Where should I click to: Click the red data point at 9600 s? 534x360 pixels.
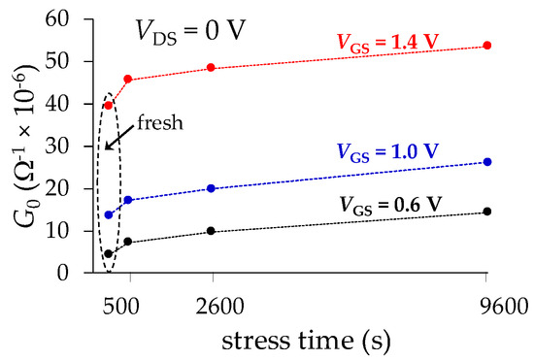(x=486, y=46)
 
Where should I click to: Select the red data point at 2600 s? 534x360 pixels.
(x=211, y=68)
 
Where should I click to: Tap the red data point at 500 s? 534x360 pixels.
(x=128, y=79)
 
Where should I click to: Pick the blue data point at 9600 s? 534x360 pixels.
(x=486, y=162)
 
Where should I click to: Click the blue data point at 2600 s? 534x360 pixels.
(x=211, y=188)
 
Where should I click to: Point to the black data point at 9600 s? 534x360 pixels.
(x=486, y=212)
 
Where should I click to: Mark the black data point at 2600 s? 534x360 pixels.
(x=211, y=231)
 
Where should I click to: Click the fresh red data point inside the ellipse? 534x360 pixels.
(x=109, y=105)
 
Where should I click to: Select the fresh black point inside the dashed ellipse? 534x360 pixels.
(x=109, y=253)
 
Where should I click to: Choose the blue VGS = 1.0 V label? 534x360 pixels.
(x=388, y=151)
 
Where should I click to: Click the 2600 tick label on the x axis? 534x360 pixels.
(x=211, y=307)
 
